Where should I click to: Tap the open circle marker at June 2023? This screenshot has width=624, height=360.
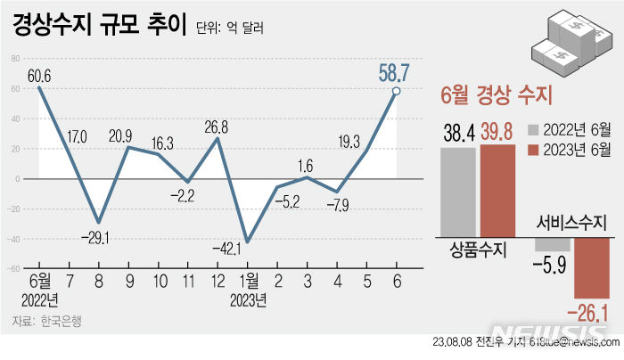click(396, 91)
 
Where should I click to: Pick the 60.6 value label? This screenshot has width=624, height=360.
click(39, 76)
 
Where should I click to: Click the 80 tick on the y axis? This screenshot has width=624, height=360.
click(16, 59)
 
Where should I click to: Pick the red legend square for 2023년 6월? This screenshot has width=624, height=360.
click(532, 148)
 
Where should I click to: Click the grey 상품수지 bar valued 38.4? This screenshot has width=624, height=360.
click(457, 191)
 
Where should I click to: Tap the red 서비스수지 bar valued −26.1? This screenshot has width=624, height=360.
click(592, 267)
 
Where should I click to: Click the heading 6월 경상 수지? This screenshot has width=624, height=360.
click(497, 94)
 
